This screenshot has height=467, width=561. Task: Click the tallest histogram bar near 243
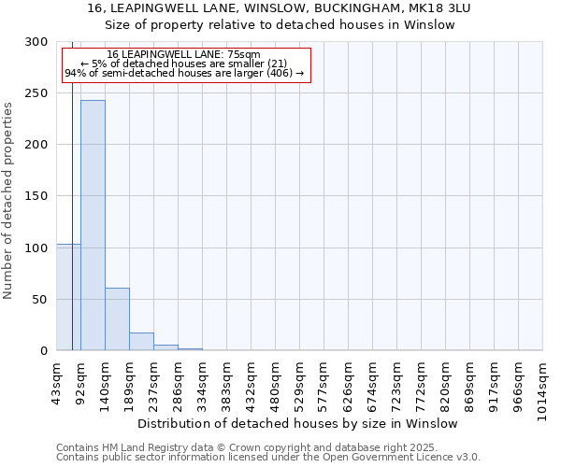pyautogui.click(x=93, y=224)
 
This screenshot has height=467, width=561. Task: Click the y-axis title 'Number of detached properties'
pyautogui.click(x=8, y=201)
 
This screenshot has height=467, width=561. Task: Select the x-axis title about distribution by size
pyautogui.click(x=304, y=423)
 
